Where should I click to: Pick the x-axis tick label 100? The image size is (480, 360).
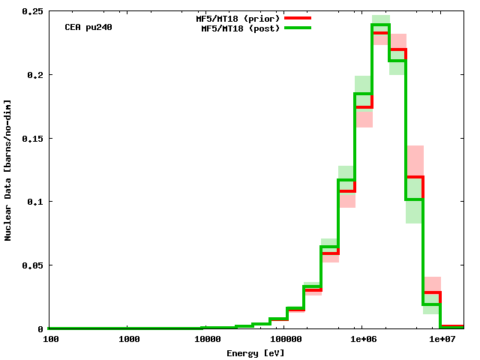[51, 339]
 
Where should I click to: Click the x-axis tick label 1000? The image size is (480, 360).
[129, 339]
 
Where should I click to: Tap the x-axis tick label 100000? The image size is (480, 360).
[284, 339]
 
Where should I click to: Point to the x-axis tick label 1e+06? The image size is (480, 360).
[362, 339]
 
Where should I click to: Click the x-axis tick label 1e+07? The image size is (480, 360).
[440, 339]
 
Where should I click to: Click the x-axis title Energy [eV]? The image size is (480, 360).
[256, 352]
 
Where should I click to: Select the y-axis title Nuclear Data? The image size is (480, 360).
[8, 170]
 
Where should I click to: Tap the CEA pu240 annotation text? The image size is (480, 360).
[88, 27]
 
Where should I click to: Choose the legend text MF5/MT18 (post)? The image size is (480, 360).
[240, 28]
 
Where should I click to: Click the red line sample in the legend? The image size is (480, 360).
[298, 17]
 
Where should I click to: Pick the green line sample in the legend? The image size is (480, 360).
[298, 28]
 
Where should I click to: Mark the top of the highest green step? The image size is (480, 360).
[380, 25]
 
